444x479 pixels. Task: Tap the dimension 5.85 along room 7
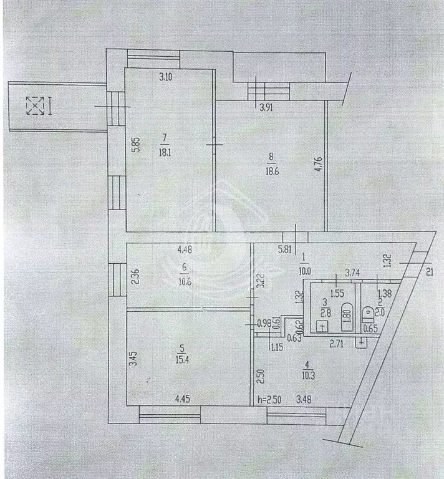click(134, 145)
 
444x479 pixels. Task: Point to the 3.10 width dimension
click(165, 77)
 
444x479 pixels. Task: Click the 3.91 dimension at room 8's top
click(266, 107)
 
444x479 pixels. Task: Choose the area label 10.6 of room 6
click(183, 279)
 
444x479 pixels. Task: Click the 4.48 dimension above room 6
click(185, 251)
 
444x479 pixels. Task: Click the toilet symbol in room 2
click(369, 310)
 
